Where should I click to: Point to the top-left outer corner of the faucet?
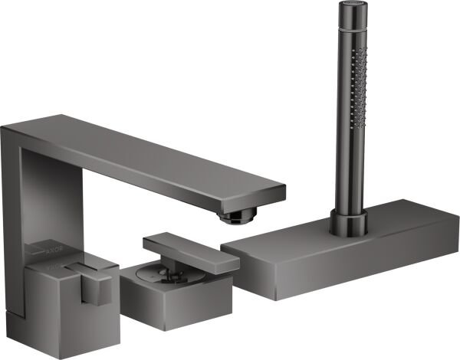(x=3, y=129)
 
